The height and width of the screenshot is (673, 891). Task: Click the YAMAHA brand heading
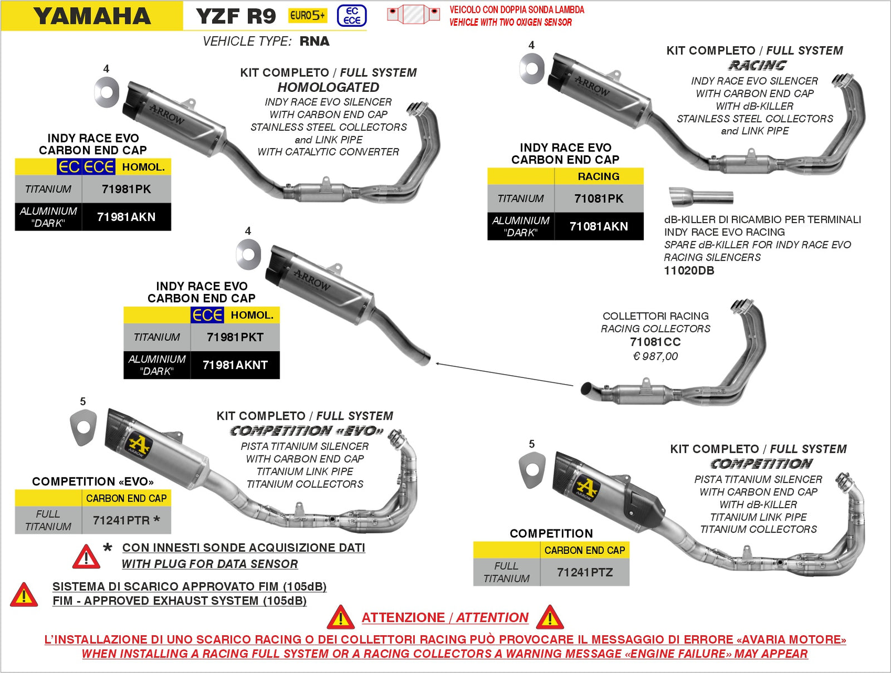click(92, 16)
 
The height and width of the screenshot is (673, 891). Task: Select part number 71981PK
click(126, 189)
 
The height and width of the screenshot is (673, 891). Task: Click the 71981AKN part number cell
click(126, 217)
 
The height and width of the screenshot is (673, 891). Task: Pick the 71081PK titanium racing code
click(599, 199)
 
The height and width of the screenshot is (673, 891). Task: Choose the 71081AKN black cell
click(599, 227)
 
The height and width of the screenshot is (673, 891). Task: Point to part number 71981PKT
click(235, 337)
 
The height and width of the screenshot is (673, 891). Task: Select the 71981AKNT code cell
click(235, 365)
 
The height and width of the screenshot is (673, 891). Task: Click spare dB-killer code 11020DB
click(689, 271)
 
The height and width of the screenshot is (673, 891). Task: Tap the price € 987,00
click(655, 356)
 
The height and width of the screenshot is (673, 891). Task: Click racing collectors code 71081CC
click(655, 342)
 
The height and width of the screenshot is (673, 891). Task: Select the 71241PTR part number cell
click(126, 520)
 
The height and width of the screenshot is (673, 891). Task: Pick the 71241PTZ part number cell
click(585, 572)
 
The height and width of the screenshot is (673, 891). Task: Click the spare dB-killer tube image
click(701, 197)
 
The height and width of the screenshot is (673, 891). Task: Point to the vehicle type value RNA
click(314, 41)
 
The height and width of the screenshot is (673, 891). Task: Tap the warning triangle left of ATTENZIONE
click(340, 617)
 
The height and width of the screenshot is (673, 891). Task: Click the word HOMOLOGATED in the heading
click(329, 87)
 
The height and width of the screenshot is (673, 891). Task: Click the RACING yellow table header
click(599, 176)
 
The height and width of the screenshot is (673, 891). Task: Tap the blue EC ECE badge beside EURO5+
click(352, 16)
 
